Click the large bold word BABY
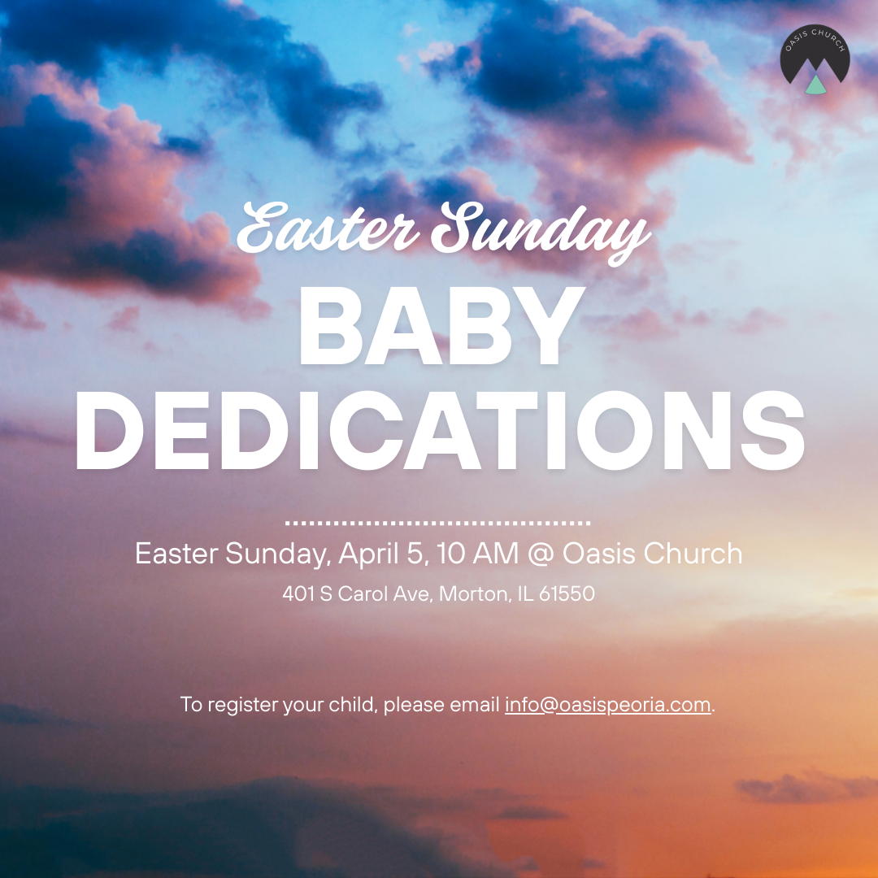(x=438, y=326)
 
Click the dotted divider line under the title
(x=438, y=523)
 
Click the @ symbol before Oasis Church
(x=540, y=554)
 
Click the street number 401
(x=298, y=594)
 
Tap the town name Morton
(x=473, y=594)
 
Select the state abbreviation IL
(x=525, y=594)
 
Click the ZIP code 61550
(x=567, y=594)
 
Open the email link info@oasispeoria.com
(x=608, y=704)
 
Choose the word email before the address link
(x=475, y=704)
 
